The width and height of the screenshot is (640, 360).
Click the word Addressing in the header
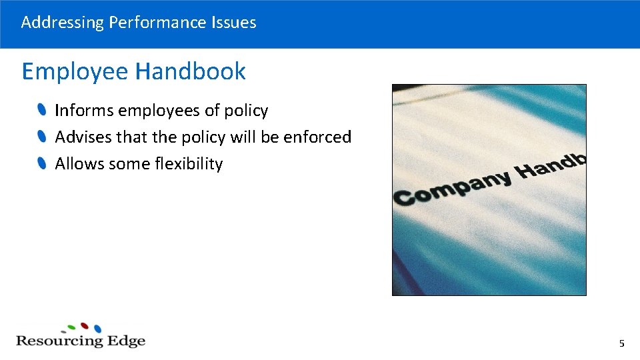click(x=62, y=23)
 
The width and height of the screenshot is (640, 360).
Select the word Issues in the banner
click(x=233, y=23)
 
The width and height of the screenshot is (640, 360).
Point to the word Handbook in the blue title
click(x=191, y=71)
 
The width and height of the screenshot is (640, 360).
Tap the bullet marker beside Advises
click(x=42, y=137)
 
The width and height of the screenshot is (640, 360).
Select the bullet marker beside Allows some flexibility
click(x=42, y=164)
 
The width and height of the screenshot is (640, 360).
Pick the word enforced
click(x=317, y=137)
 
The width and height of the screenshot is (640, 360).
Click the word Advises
click(x=83, y=137)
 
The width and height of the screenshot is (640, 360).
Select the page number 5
click(x=621, y=344)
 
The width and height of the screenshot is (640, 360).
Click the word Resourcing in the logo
click(x=59, y=341)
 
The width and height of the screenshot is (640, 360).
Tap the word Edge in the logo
click(x=127, y=341)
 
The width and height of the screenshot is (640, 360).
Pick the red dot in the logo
click(x=85, y=326)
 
